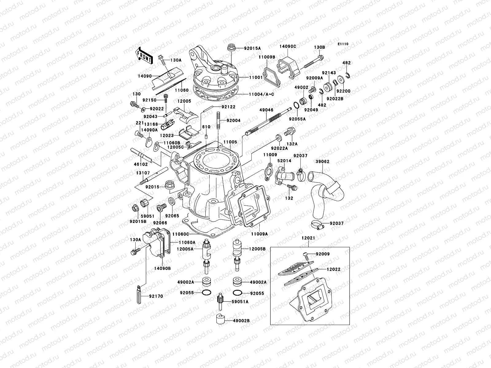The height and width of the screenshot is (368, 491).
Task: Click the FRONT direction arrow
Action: click(x=144, y=55)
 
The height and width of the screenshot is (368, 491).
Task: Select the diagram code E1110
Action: click(x=343, y=44)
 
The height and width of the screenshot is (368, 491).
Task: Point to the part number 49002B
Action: click(x=241, y=320)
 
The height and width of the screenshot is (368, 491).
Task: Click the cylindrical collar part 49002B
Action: click(x=220, y=320)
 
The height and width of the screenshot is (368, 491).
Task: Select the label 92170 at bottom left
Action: click(x=156, y=296)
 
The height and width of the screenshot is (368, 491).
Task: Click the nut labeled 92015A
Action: click(x=231, y=48)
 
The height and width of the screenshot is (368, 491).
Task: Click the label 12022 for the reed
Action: click(x=333, y=269)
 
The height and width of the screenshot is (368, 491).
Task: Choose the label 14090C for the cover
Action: click(x=288, y=46)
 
